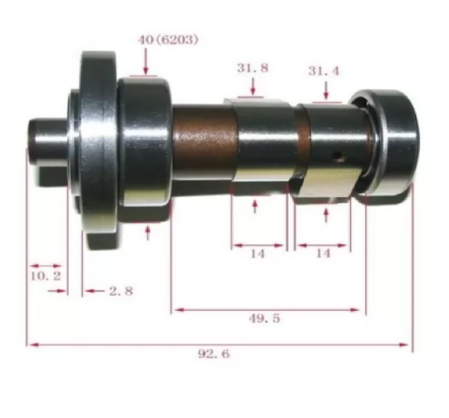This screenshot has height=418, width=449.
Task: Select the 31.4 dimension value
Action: click(323, 71)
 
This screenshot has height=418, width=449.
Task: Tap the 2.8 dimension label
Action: click(120, 291)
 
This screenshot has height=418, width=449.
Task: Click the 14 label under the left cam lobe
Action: click(257, 254)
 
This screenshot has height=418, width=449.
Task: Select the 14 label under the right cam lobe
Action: click(323, 254)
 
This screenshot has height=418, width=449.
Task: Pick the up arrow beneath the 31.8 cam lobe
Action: click(255, 205)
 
